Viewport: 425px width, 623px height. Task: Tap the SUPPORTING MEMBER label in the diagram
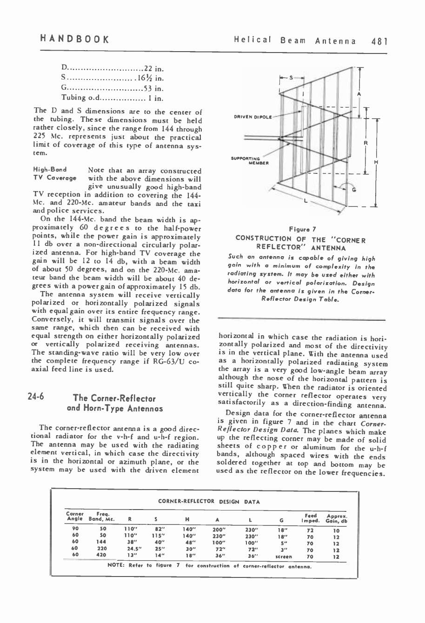pos(251,161)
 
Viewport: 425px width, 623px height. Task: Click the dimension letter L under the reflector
pos(305,201)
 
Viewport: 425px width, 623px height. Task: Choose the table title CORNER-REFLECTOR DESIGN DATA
pos(209,502)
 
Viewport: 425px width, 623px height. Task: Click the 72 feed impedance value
pos(312,529)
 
